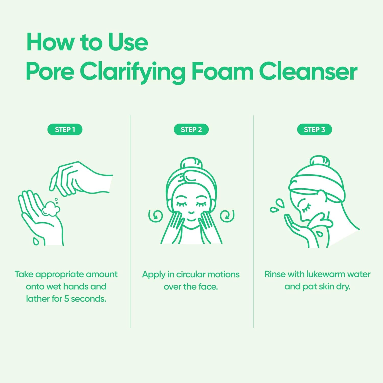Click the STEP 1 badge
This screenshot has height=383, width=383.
(65, 129)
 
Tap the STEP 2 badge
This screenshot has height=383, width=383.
(191, 129)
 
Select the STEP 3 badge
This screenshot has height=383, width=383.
(314, 129)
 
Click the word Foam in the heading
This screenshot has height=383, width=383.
(222, 71)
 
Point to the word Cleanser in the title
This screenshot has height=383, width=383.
(308, 71)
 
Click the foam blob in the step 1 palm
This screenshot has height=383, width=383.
(51, 209)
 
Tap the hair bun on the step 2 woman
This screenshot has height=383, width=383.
(191, 163)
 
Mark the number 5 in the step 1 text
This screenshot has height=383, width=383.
(66, 298)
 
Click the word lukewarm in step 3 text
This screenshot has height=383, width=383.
(326, 274)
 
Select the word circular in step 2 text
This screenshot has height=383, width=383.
(190, 274)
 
